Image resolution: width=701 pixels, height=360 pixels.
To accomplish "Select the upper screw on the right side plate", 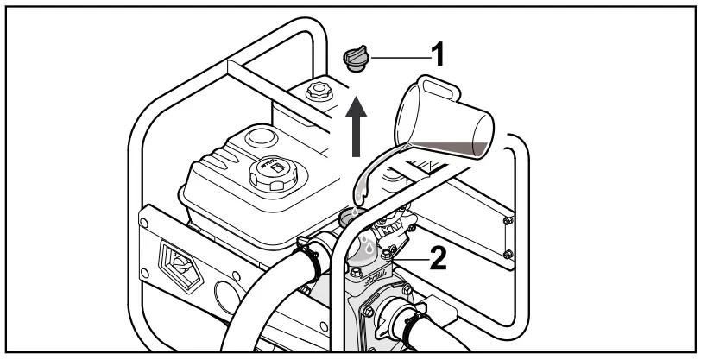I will point(508,223).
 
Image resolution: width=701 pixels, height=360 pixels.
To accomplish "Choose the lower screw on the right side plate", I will point(508,254).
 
